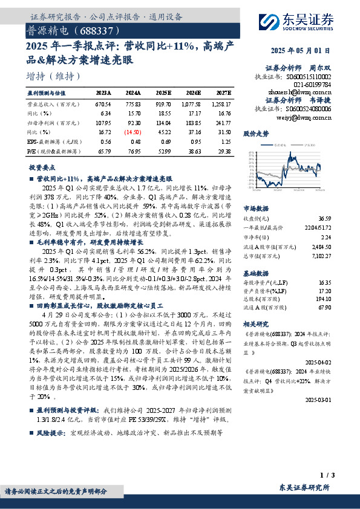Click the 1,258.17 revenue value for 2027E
pyautogui.click(x=221, y=104)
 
